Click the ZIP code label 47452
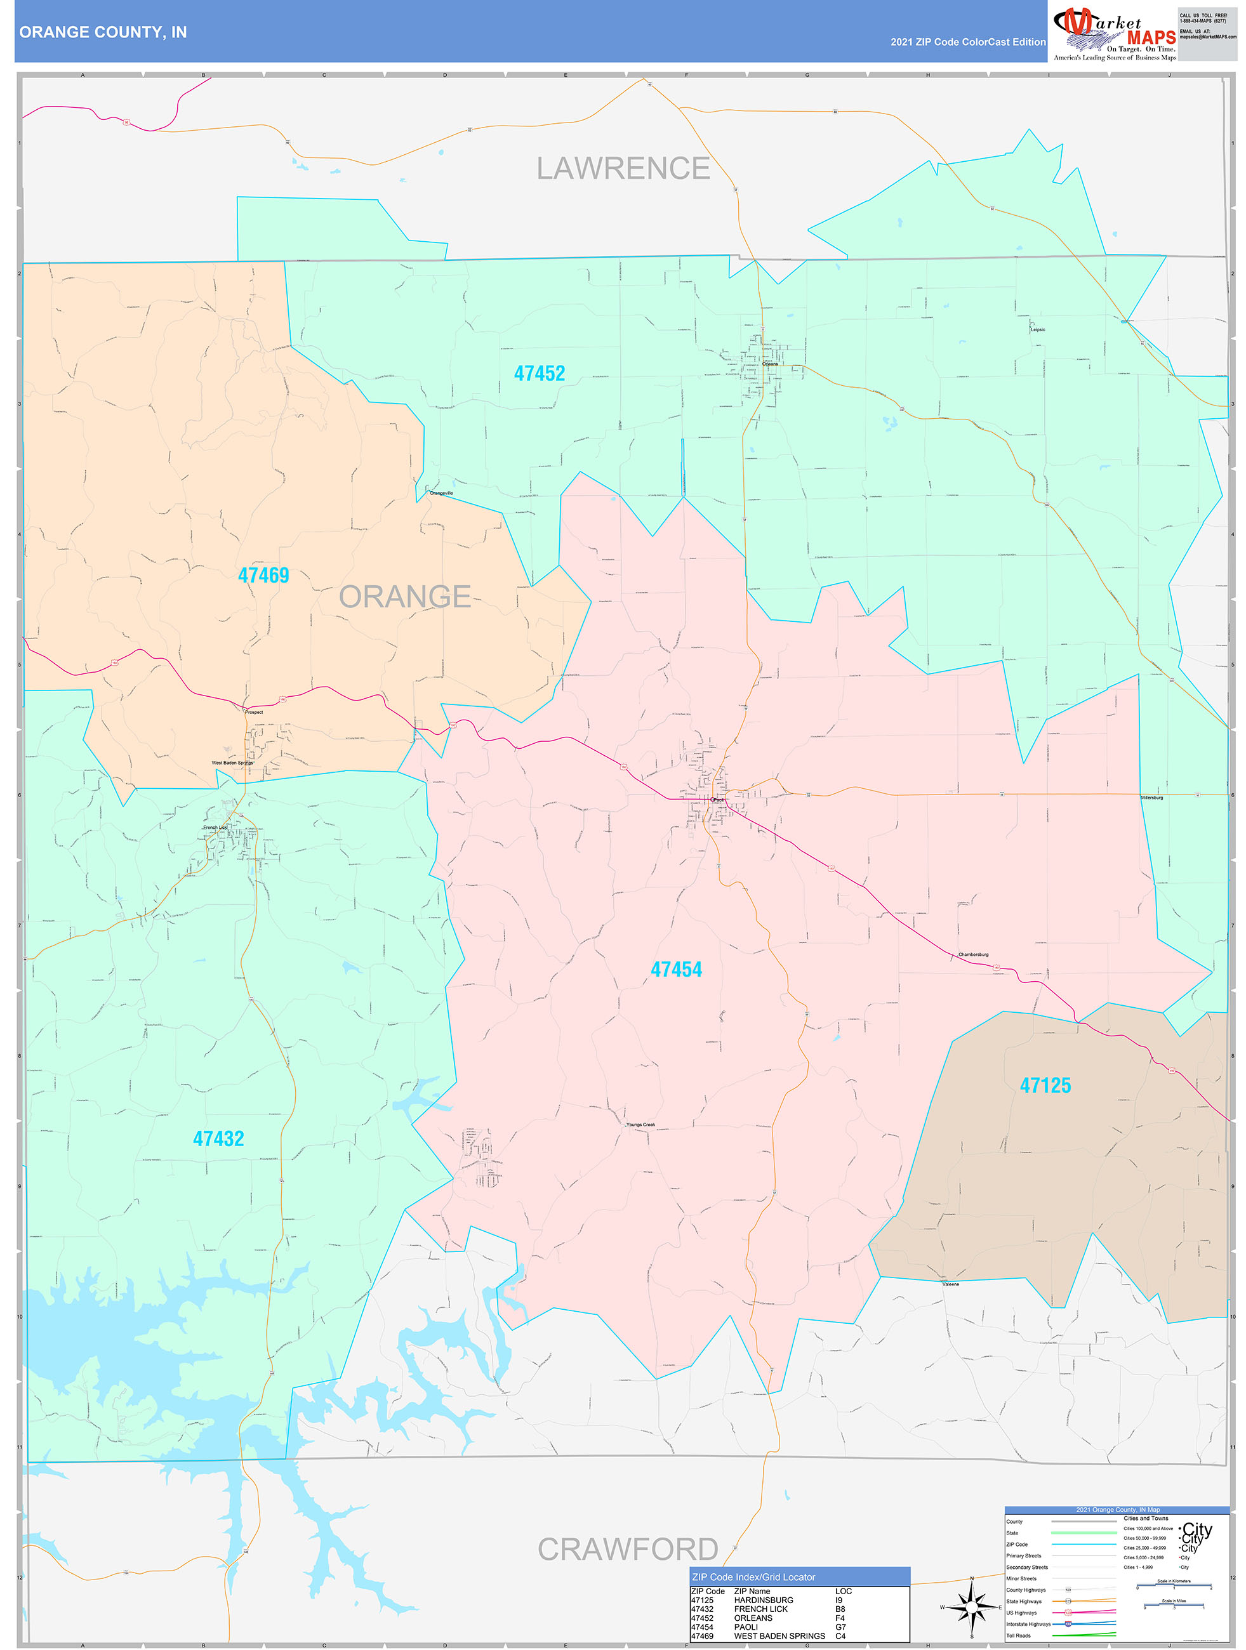(x=540, y=373)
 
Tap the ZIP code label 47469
(x=263, y=575)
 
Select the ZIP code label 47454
(x=676, y=969)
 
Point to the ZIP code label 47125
(x=1045, y=1085)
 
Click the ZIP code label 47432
(x=218, y=1138)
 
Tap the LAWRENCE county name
(x=623, y=169)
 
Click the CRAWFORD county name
(x=628, y=1549)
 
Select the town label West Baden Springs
(x=232, y=763)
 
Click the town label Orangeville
(x=441, y=493)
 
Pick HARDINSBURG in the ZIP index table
(x=763, y=1600)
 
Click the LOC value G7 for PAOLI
(x=840, y=1627)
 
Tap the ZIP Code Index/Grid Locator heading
(x=753, y=1577)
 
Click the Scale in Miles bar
(x=1174, y=1606)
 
